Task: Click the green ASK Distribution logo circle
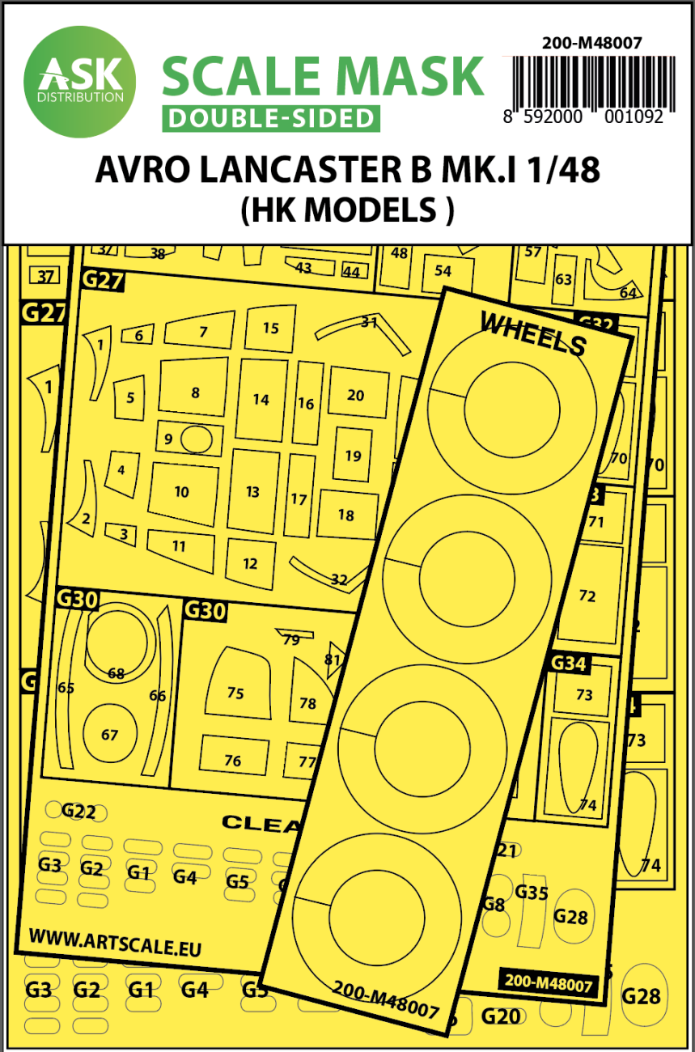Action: pyautogui.click(x=79, y=81)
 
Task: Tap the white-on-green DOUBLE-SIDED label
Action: pyautogui.click(x=271, y=118)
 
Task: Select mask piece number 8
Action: pyautogui.click(x=194, y=392)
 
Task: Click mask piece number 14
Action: pyautogui.click(x=261, y=399)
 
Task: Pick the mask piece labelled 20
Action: pyautogui.click(x=355, y=395)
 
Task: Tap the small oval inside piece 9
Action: pyautogui.click(x=197, y=439)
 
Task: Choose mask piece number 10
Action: pyautogui.click(x=181, y=491)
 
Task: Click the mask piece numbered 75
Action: pyautogui.click(x=235, y=693)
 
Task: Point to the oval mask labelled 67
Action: pyautogui.click(x=109, y=735)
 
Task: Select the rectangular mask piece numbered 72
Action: pyautogui.click(x=587, y=596)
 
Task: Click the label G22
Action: pyautogui.click(x=78, y=811)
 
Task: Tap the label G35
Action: pyautogui.click(x=532, y=893)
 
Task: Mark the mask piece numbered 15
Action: pyautogui.click(x=270, y=328)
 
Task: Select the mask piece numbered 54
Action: pyautogui.click(x=443, y=271)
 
